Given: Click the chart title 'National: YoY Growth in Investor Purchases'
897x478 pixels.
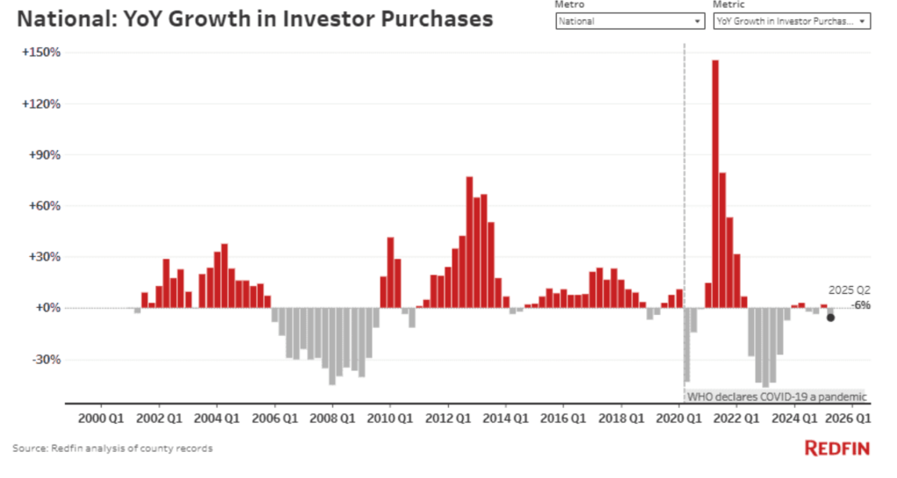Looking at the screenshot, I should click(253, 19).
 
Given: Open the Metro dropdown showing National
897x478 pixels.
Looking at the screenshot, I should click(630, 20).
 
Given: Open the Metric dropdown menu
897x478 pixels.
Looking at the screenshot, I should click(791, 20).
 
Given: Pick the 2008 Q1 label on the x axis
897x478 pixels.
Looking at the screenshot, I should click(334, 418).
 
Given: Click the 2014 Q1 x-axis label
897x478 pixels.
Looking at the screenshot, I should click(508, 418).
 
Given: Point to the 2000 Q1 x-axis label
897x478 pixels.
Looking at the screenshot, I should click(103, 418).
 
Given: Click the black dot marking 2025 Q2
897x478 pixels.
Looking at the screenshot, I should click(829, 317).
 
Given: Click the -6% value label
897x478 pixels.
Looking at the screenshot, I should click(861, 304).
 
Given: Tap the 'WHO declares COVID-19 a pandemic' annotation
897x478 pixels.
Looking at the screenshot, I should click(776, 397).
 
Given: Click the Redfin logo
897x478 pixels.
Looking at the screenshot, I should click(836, 449).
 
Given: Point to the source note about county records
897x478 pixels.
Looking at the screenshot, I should click(112, 449).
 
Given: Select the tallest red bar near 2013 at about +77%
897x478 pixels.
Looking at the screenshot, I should click(469, 242).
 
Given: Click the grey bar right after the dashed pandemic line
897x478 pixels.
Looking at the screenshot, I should click(687, 345).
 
